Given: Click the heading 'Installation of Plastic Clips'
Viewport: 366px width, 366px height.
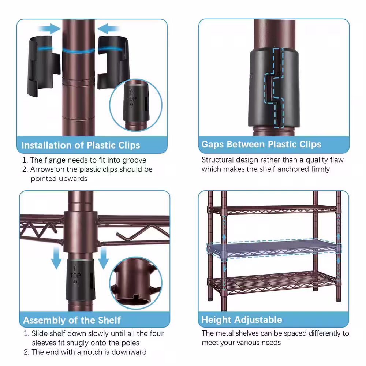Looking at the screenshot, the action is pos(81,145).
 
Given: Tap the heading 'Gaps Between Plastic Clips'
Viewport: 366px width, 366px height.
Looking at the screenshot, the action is pos(261,145).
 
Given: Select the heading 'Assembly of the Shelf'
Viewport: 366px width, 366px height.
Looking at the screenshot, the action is pos(72,320).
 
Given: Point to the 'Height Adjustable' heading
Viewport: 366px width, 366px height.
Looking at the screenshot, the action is pos(242,320).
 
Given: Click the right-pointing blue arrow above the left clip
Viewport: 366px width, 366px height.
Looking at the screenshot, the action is pos(50,29).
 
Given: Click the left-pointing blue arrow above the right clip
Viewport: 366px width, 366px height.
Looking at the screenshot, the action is pos(109,29).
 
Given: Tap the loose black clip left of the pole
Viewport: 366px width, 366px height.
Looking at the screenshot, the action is pos(44,66).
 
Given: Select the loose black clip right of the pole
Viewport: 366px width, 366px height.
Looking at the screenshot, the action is pos(113,62).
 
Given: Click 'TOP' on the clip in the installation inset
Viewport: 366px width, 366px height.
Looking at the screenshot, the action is pos(132,99).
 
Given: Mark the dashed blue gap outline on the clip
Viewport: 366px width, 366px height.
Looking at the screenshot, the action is pos(273,87).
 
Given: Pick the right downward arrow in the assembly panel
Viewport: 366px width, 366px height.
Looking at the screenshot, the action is pos(103,258).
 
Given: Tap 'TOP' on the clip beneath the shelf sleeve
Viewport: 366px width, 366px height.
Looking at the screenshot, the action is pos(75,276).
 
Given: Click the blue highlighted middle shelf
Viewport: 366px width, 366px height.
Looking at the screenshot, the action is pos(273,249).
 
